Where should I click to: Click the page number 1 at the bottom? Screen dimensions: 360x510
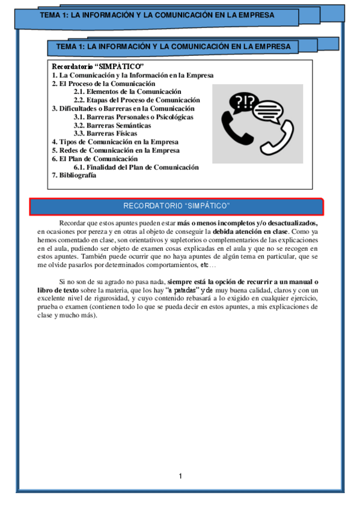180,476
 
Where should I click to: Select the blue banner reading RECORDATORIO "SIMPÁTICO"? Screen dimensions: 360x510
177,206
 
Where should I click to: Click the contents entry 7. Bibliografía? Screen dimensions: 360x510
74,176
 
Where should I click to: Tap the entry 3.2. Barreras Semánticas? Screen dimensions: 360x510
112,126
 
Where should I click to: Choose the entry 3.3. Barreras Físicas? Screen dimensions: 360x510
105,134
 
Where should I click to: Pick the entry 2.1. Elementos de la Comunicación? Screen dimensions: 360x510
127,91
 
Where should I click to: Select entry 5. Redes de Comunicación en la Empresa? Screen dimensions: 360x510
115,150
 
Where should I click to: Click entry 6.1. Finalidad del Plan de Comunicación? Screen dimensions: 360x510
136,167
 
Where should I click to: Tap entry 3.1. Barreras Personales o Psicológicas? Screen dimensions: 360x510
133,117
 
